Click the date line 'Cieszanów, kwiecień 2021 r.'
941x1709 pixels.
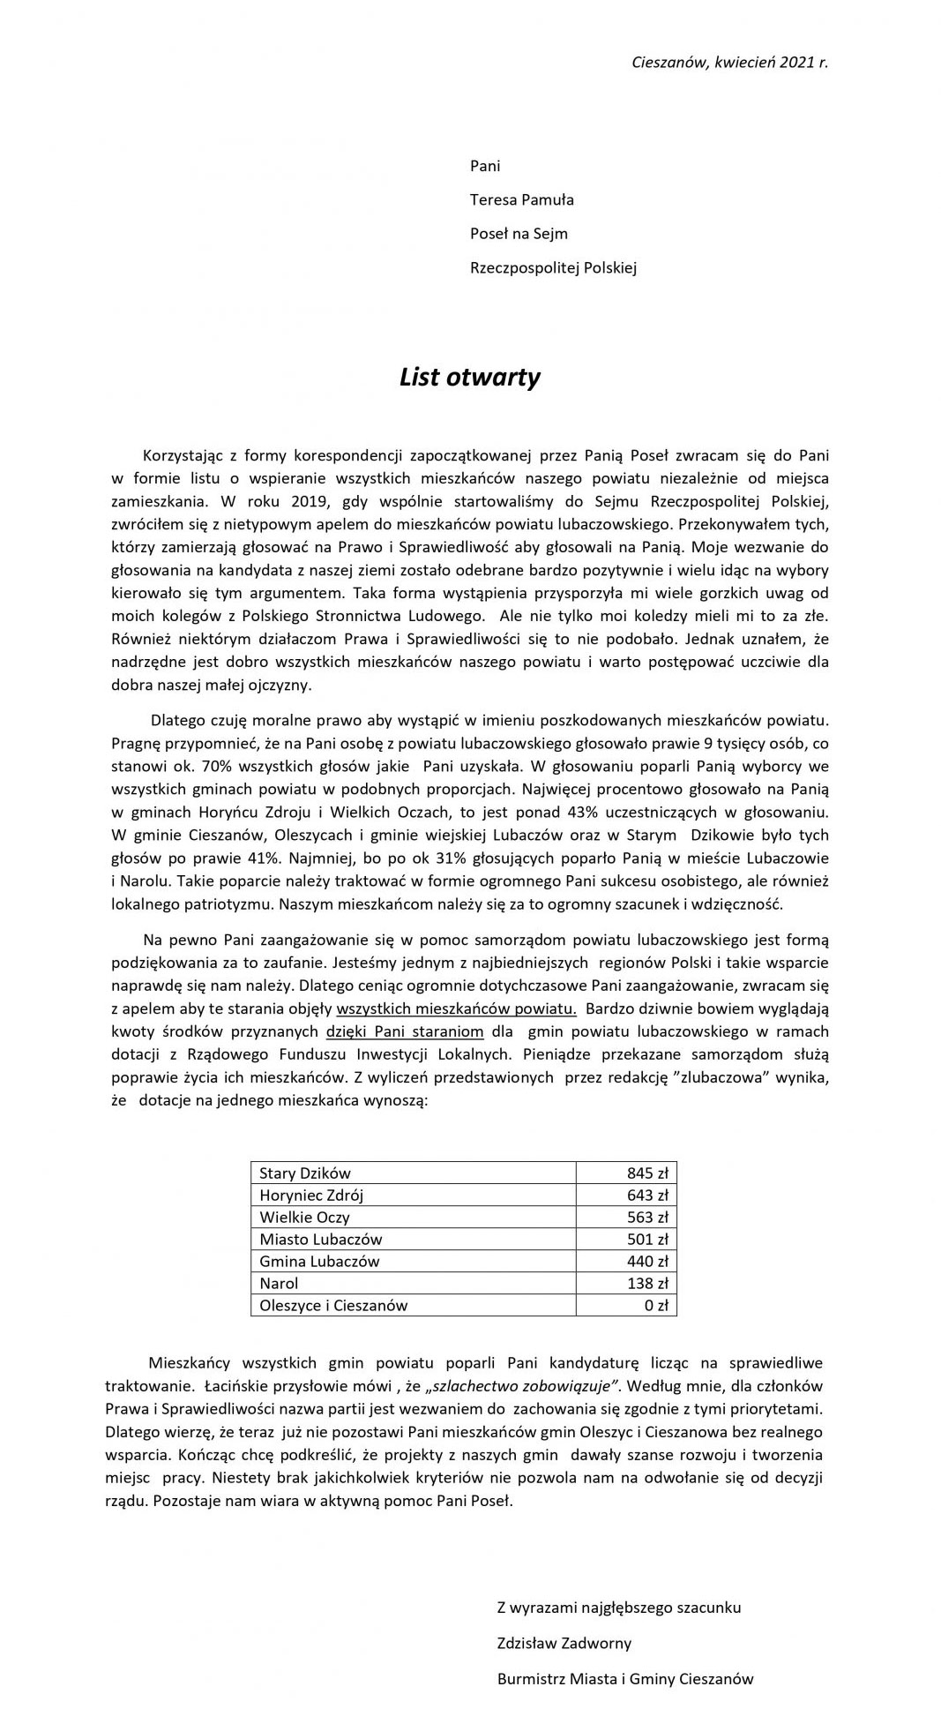point(729,63)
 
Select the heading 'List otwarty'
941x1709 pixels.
point(469,378)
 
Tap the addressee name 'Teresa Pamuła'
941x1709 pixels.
point(521,199)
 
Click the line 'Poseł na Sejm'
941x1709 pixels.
point(519,234)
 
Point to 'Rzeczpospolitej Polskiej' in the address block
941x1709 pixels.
point(553,268)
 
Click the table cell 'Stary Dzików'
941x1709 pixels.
point(305,1173)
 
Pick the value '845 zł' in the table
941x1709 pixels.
point(647,1173)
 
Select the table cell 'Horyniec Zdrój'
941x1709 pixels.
point(311,1196)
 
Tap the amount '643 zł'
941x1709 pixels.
point(647,1196)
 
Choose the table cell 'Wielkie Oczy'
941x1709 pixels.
point(304,1218)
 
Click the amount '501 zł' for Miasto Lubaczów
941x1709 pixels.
point(647,1240)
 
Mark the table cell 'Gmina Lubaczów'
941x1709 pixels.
point(319,1262)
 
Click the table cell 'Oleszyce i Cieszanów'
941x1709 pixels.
point(333,1306)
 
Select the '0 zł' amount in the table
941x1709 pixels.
point(656,1306)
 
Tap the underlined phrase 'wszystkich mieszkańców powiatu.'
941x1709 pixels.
point(457,1008)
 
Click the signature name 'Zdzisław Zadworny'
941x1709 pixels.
point(564,1644)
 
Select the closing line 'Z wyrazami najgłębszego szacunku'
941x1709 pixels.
point(619,1608)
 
